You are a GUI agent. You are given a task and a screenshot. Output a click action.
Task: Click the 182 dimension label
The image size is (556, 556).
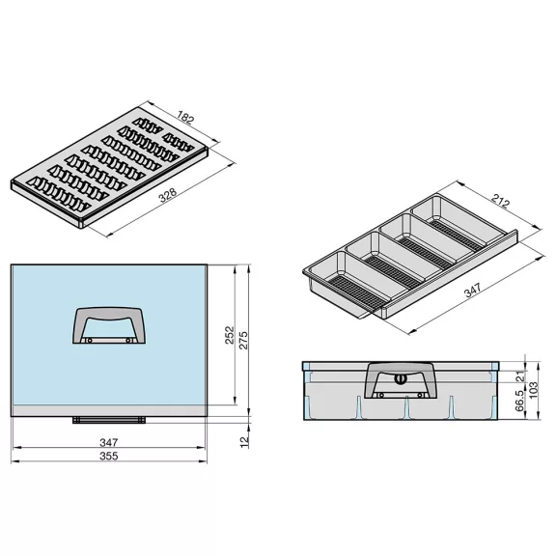point(185,118)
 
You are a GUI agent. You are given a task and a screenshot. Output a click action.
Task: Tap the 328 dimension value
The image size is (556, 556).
point(168,195)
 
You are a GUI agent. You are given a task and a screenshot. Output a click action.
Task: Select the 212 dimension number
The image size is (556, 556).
point(501,202)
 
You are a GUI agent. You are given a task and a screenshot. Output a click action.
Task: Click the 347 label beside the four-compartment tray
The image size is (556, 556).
point(473,290)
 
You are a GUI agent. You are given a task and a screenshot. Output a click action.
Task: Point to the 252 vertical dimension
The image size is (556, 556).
point(230,335)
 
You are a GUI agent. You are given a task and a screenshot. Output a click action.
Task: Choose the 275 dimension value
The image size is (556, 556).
point(243,341)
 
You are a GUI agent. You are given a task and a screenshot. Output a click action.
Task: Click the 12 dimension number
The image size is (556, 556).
point(244,442)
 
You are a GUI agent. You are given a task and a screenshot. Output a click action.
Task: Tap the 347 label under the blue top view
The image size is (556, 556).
point(108,442)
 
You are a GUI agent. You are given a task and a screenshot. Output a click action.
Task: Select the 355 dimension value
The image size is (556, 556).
point(108,456)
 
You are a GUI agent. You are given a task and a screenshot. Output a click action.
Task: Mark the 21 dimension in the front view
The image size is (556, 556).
point(520,375)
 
